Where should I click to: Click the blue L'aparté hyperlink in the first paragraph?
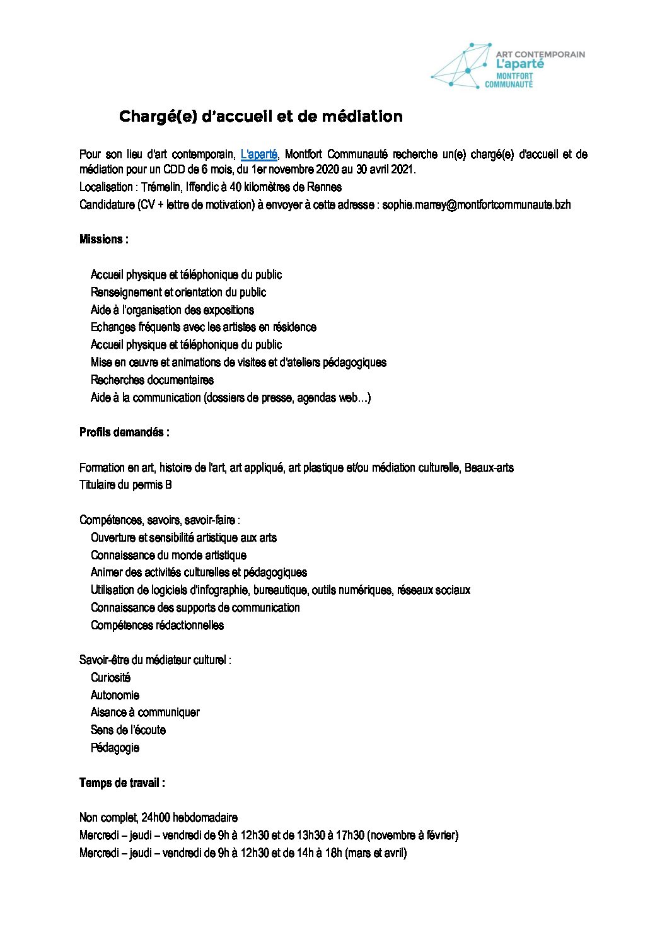click(259, 154)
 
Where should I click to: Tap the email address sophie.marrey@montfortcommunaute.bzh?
click(477, 204)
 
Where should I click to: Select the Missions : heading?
click(104, 240)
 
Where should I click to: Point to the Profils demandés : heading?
click(124, 433)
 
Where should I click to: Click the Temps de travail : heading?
click(122, 783)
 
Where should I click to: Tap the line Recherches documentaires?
click(152, 380)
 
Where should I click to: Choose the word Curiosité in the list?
click(110, 678)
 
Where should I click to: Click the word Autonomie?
click(115, 695)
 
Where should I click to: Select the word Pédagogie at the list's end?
click(115, 748)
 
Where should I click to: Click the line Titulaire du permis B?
click(125, 485)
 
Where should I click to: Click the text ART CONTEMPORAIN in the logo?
click(540, 54)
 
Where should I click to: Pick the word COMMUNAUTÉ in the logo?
click(509, 84)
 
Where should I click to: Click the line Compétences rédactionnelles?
click(157, 626)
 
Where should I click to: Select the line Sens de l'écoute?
click(128, 730)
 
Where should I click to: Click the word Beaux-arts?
click(489, 468)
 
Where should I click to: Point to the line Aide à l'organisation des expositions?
click(172, 310)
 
